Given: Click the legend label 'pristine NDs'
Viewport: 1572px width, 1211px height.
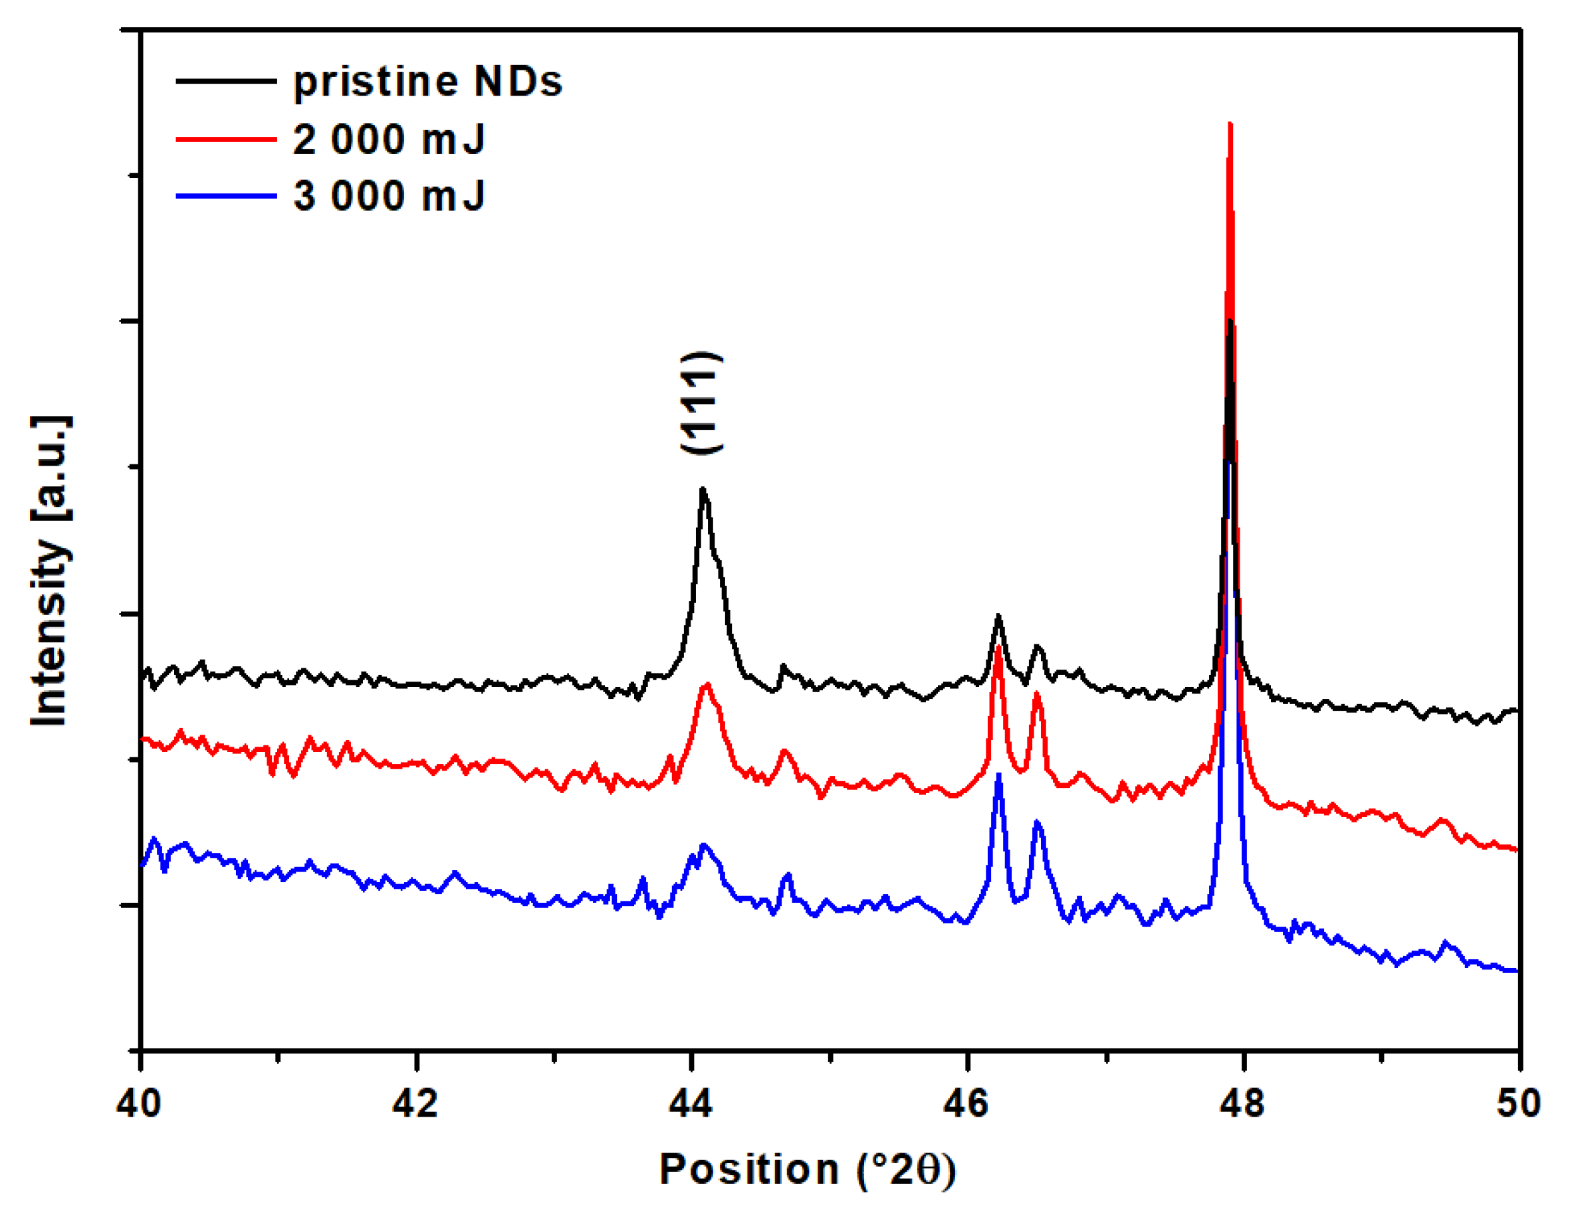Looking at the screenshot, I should (427, 81).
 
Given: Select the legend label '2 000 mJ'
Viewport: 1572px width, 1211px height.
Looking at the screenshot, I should (389, 139).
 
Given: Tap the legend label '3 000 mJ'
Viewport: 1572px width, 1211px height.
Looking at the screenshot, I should (389, 195).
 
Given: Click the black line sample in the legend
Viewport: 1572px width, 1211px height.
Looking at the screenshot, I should (226, 81).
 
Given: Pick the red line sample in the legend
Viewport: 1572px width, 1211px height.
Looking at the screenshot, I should (226, 139).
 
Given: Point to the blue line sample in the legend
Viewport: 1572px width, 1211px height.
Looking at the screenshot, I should (226, 195).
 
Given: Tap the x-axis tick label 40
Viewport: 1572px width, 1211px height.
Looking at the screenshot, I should (139, 1103).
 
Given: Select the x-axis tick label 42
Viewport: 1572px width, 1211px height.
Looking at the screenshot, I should (415, 1103).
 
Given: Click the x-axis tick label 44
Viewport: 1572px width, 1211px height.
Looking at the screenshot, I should (691, 1103).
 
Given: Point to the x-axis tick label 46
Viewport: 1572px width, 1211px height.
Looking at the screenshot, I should (966, 1103).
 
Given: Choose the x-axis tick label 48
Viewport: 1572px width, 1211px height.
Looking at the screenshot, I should (1242, 1103).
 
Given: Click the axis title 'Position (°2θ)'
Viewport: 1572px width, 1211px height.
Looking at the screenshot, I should (808, 1169).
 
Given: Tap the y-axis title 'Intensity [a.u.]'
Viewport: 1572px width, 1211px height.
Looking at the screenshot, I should (51, 570).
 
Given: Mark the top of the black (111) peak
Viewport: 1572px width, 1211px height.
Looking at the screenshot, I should (703, 490).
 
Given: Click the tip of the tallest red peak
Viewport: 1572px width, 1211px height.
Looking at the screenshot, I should (1230, 124).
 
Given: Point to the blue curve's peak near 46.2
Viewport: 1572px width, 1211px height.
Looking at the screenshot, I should (998, 776).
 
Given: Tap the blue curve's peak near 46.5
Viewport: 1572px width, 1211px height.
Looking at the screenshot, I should (1037, 822).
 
